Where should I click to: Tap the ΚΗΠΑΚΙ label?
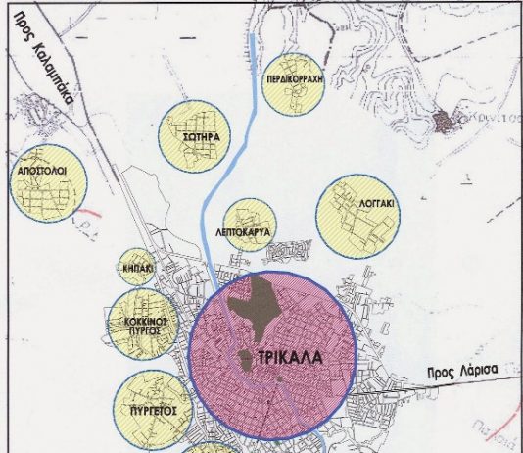pyautogui.click(x=137, y=267)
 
